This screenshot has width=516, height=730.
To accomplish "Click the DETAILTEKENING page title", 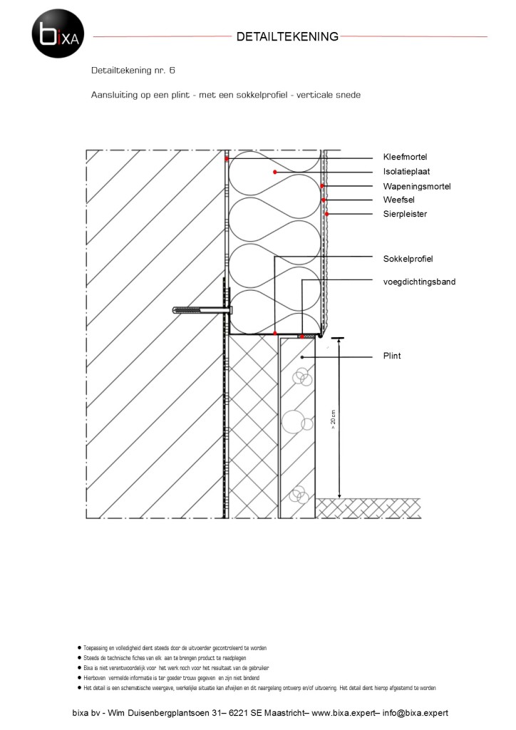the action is [287, 36].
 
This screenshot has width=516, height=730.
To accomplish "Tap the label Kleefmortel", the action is [405, 157].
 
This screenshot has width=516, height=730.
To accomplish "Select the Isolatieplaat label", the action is [406, 171].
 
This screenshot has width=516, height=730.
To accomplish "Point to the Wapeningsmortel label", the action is [417, 186].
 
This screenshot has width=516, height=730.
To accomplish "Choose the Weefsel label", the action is [398, 200].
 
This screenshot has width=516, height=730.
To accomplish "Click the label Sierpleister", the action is [405, 213].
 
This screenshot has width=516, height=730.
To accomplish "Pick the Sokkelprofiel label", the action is [408, 258].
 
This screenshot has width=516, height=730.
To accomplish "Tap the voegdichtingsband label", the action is [419, 282].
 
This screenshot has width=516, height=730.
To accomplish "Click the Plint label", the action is [392, 354].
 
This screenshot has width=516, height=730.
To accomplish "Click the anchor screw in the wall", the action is [202, 310].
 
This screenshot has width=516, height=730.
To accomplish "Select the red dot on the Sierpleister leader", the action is [327, 214].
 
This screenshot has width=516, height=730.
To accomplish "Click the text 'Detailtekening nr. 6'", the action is [133, 71].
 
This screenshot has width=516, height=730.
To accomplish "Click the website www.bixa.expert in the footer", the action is [342, 713].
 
